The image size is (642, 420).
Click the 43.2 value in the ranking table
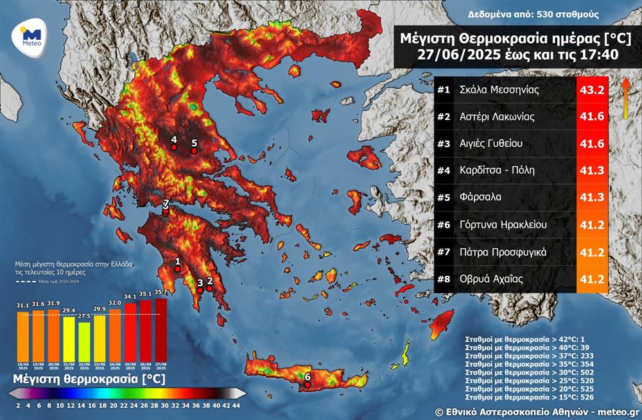[592, 90]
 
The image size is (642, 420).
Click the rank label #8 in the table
[444, 279]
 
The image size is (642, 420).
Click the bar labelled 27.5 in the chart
[84, 340]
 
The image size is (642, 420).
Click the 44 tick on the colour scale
[237, 405]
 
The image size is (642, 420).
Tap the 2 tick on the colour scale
[18, 405]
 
